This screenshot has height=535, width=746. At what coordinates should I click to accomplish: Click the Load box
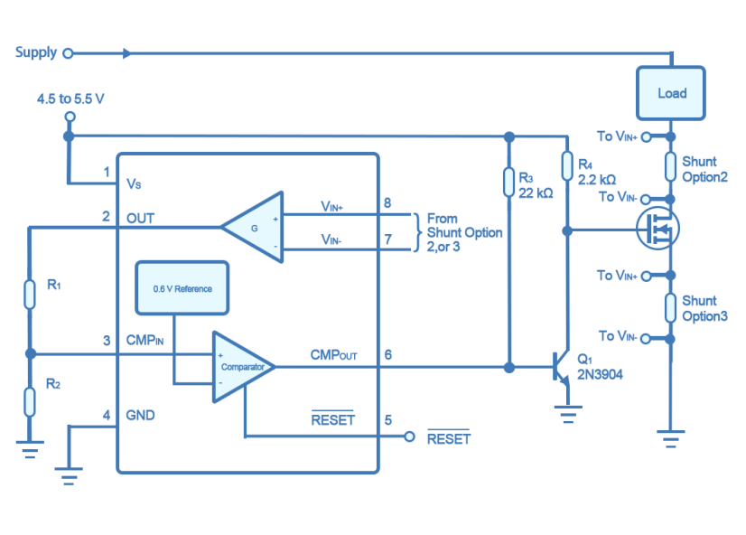(671, 93)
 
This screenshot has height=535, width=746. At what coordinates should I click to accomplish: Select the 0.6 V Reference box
(182, 289)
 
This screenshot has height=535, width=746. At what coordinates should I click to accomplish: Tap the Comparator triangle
(241, 366)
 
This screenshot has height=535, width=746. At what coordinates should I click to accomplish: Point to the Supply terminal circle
(68, 53)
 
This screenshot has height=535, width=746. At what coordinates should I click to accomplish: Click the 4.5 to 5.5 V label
(70, 98)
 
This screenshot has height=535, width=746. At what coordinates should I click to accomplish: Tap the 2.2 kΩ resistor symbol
(566, 166)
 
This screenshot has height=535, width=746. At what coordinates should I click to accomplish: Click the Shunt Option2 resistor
(670, 167)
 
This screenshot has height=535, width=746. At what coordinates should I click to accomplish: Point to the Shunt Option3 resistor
(670, 307)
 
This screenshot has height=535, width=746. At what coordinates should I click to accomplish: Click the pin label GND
(140, 416)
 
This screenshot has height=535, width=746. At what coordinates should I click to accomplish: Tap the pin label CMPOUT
(333, 355)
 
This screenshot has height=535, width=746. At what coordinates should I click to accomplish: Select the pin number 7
(387, 239)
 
